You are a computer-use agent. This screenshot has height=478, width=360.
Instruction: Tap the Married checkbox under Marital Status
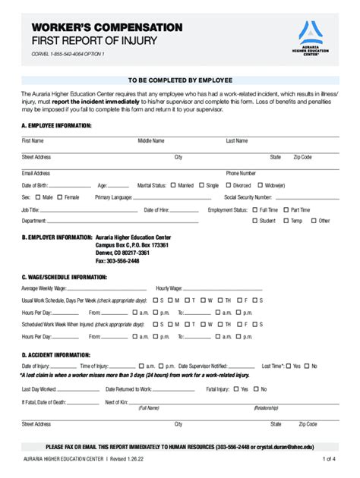pyautogui.click(x=174, y=185)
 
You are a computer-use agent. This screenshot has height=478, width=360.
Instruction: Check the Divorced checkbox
pyautogui.click(x=228, y=185)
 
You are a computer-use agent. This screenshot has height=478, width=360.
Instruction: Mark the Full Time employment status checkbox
pyautogui.click(x=255, y=209)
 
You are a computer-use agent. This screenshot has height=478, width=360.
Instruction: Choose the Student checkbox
pyautogui.click(x=255, y=221)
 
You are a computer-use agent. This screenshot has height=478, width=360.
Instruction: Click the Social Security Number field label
pyautogui.click(x=248, y=197)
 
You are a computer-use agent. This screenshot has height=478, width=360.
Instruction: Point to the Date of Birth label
pyautogui.click(x=35, y=185)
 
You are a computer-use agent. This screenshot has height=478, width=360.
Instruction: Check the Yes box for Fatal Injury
pyautogui.click(x=235, y=389)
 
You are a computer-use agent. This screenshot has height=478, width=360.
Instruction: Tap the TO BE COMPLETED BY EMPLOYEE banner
pyautogui.click(x=179, y=79)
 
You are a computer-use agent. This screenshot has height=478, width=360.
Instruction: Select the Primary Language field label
pyautogui.click(x=113, y=197)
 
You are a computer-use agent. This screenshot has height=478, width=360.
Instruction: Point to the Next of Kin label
pyautogui.click(x=115, y=402)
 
